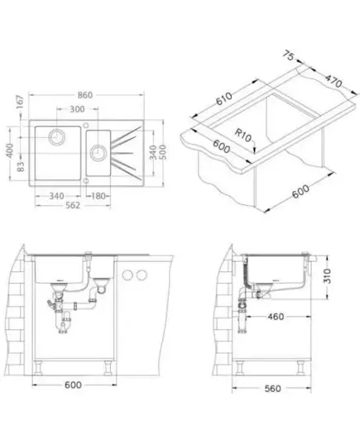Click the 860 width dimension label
[x=84, y=95]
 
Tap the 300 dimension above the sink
[x=77, y=109]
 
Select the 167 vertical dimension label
[x=20, y=102]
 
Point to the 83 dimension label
[x=21, y=166]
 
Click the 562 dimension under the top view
[x=73, y=205]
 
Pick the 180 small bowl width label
[x=98, y=196]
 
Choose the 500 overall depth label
[x=162, y=152]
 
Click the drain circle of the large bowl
[x=57, y=137]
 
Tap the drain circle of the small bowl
[x=98, y=153]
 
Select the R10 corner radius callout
[x=243, y=136]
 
